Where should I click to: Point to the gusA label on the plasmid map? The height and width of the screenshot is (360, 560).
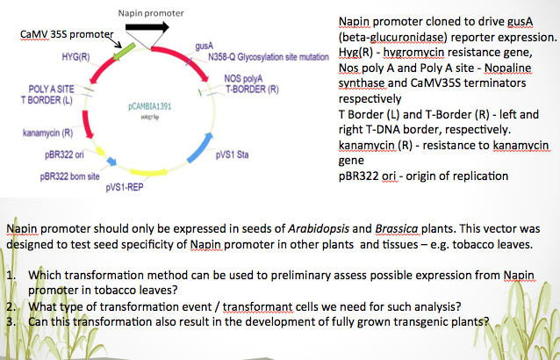pyautogui.click(x=205, y=43)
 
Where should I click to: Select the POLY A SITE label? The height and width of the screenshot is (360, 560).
pyautogui.click(x=49, y=90)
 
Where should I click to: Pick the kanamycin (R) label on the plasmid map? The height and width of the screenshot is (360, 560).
pyautogui.click(x=47, y=134)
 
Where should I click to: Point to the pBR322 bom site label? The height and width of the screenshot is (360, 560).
pyautogui.click(x=72, y=175)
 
